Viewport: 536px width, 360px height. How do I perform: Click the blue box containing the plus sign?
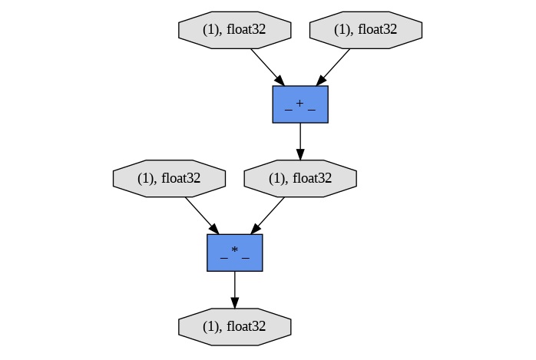coord(300,104)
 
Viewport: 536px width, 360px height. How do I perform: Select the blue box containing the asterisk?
coord(235,253)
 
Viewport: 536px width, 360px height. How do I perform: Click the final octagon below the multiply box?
coord(235,326)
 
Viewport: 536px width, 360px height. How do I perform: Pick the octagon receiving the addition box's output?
coord(300,178)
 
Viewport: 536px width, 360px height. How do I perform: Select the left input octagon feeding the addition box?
coord(235,30)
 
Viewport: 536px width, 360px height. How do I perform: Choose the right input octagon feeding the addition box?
coord(366,30)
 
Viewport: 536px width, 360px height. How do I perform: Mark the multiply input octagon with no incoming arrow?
coord(169,178)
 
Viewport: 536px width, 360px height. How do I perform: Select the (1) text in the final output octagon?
coord(211,326)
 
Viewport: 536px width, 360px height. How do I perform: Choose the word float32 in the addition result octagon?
coord(311,178)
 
